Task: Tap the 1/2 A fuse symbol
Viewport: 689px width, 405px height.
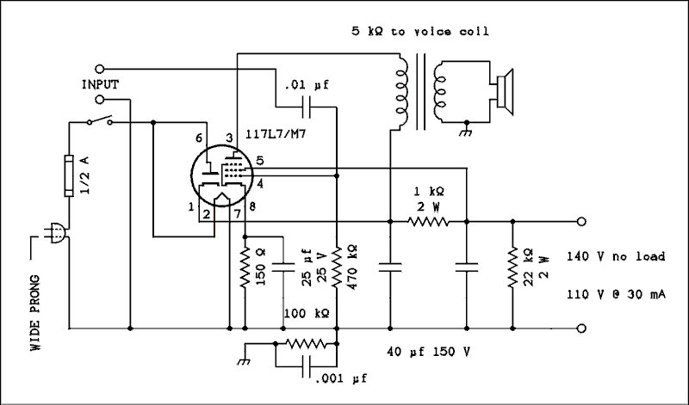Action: click(69, 177)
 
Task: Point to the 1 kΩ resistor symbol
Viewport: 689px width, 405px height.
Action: click(428, 222)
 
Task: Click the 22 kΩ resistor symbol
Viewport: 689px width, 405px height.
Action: click(512, 268)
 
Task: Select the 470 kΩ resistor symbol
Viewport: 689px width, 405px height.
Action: click(337, 268)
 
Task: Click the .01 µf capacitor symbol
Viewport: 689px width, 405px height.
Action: click(307, 107)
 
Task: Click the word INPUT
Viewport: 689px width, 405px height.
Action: click(100, 84)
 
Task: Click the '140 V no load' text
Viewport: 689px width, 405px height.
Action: click(615, 257)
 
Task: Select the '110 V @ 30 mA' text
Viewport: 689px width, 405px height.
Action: click(615, 294)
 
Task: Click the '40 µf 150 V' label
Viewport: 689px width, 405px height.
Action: click(427, 352)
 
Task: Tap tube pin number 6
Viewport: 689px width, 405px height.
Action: click(198, 138)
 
